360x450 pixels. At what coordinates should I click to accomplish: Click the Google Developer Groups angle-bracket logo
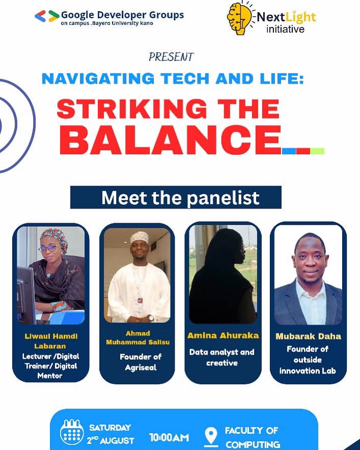pos(46,16)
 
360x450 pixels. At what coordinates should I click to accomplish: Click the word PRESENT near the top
pos(171,57)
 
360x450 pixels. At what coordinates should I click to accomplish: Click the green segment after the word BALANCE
pos(317,151)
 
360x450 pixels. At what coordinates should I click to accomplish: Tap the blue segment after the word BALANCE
pos(289,151)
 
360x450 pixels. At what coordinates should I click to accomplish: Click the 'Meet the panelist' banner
pos(176,197)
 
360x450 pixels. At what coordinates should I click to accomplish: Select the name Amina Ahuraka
pos(223,335)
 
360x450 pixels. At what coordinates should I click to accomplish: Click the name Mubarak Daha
pos(308,336)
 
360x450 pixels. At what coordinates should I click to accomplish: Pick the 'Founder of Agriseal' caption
pos(137,361)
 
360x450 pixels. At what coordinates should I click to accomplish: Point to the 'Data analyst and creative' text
pos(222,357)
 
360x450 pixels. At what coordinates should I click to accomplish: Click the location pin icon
pos(210,436)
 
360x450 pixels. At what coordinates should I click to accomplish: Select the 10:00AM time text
pos(169,437)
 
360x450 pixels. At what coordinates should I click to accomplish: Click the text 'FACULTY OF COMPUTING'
pos(252,437)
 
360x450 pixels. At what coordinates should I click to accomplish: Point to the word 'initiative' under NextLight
pos(285,30)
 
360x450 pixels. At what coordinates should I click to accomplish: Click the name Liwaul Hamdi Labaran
pos(50,341)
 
